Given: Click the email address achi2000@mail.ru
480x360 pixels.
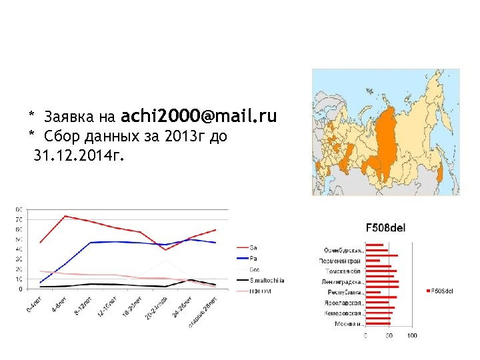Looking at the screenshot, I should coord(199,117).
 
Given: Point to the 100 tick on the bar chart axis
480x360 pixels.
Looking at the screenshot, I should coord(412,335).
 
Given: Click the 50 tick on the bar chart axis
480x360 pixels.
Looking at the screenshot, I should coord(389,335).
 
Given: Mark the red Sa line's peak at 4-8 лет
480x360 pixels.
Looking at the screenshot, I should coord(65,216).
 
